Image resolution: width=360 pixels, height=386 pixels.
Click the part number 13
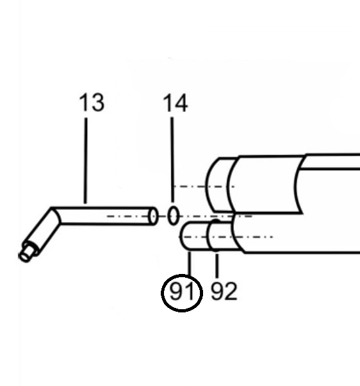click(x=92, y=102)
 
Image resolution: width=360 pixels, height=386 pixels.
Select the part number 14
click(x=176, y=103)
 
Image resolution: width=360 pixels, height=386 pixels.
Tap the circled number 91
click(x=182, y=293)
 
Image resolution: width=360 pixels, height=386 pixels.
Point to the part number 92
click(x=224, y=291)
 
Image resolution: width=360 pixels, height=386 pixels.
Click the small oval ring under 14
click(x=173, y=216)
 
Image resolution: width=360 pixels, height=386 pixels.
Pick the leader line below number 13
click(x=85, y=161)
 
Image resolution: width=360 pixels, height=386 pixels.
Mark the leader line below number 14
click(x=172, y=159)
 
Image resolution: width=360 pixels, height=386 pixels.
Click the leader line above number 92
click(x=217, y=266)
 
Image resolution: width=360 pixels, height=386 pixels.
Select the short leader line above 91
click(x=190, y=263)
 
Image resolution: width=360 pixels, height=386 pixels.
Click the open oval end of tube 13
click(x=153, y=216)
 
